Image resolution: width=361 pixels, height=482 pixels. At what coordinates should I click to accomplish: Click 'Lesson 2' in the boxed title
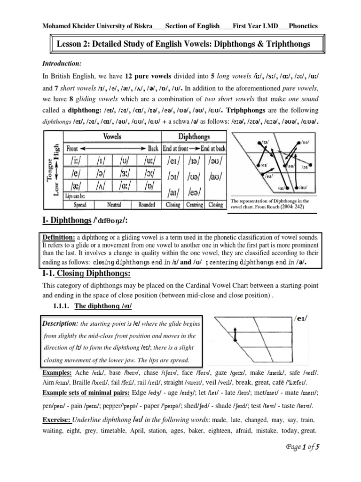[73, 44]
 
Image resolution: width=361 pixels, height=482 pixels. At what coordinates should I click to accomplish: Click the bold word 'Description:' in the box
[60, 324]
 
